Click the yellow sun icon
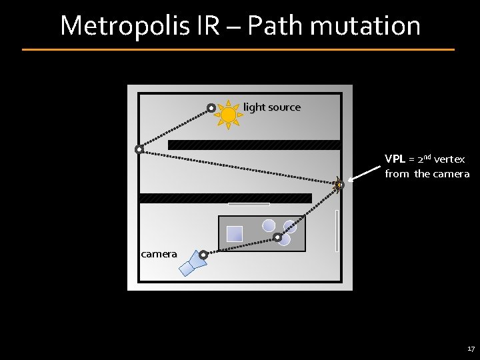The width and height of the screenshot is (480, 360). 228,115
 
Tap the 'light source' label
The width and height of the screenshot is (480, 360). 272,107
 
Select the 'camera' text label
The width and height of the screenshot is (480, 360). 159,253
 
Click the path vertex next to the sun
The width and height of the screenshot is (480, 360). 211,107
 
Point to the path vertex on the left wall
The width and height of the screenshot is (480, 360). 139,149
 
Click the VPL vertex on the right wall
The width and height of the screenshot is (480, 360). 339,184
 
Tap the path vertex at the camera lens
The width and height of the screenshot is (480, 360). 203,254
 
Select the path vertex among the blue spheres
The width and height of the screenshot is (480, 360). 277,236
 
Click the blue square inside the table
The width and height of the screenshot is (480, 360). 235,233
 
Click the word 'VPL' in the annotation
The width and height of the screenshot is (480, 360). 393,159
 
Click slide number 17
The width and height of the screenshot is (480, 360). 471,349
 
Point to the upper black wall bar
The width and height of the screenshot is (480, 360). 254,145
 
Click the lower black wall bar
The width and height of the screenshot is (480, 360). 225,197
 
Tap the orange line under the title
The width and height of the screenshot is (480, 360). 238,49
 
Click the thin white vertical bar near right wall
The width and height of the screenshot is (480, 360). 337,231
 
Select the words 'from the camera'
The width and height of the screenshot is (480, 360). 427,174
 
